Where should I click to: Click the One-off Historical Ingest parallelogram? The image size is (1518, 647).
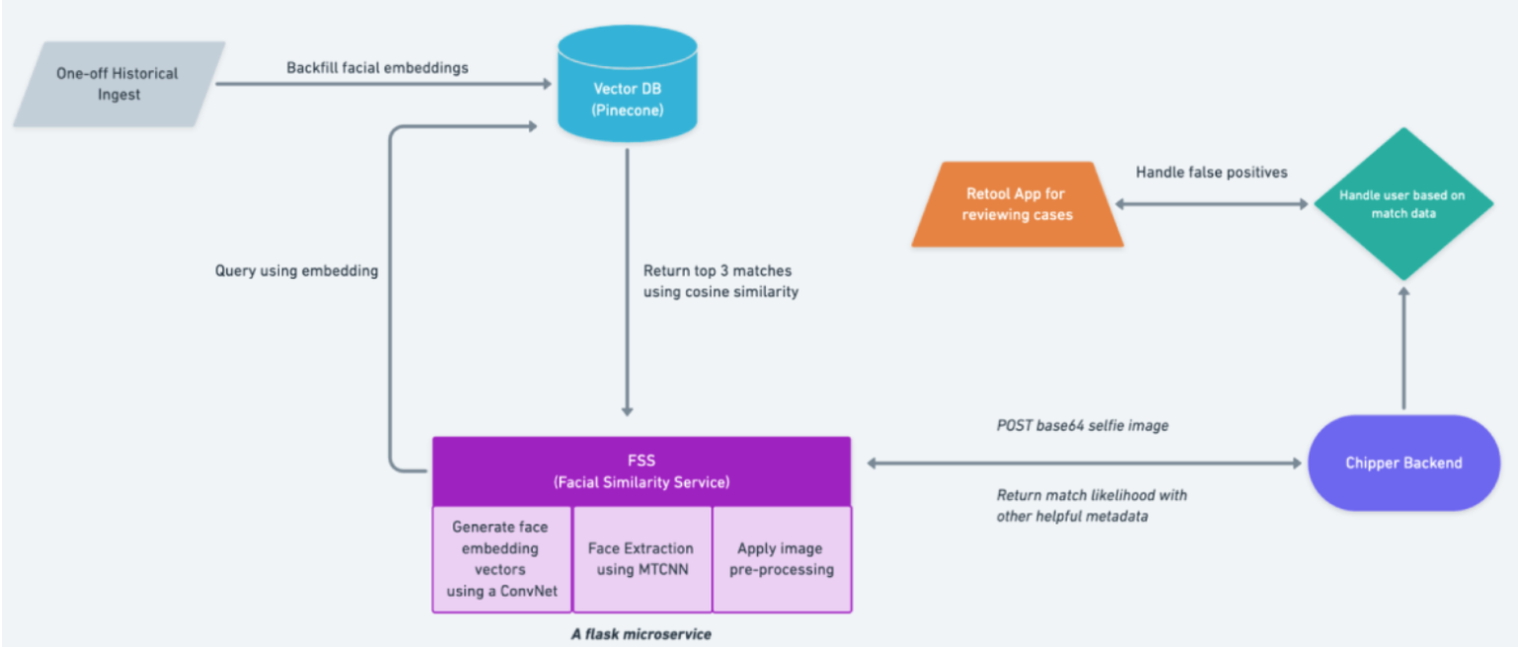coord(118,84)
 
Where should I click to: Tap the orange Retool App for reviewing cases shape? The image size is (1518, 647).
coord(1018,204)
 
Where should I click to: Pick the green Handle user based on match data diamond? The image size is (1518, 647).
coord(1402,204)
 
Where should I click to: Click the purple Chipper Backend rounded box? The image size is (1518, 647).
coord(1403,462)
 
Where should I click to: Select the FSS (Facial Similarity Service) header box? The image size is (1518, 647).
coord(641,471)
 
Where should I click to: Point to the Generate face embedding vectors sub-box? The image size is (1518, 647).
coord(500,559)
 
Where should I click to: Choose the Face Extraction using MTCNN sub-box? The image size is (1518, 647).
coord(641,559)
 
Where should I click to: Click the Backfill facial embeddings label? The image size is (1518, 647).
coord(378,68)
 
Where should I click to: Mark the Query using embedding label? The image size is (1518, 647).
coord(296,270)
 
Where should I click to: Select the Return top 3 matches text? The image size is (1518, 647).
coord(717,271)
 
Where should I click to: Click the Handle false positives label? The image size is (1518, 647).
coord(1212,172)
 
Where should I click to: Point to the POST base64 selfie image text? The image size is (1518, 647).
coord(1082,426)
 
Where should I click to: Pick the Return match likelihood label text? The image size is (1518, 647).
coord(1091,495)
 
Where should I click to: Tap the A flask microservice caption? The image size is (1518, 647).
coord(640,634)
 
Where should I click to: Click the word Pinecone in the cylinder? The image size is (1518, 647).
coord(628,110)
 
